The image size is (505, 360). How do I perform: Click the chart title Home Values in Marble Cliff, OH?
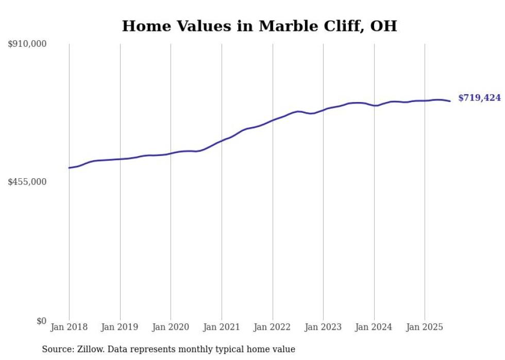click(259, 26)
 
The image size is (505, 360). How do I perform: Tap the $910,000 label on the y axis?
click(27, 44)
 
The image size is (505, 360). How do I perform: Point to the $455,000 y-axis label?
click(27, 182)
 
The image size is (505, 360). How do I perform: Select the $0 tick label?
click(41, 321)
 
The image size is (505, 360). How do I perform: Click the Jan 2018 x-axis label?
click(69, 327)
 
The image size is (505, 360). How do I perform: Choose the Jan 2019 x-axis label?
click(120, 327)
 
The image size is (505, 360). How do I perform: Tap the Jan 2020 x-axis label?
click(171, 327)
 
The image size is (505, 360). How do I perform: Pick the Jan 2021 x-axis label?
click(222, 327)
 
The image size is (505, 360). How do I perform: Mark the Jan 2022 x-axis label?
click(273, 327)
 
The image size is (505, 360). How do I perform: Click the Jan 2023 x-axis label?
click(323, 327)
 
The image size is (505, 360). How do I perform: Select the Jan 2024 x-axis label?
click(374, 327)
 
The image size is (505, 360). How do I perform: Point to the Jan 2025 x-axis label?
click(425, 327)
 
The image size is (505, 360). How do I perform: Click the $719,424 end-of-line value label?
click(479, 98)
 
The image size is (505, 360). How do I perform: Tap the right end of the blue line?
click(450, 101)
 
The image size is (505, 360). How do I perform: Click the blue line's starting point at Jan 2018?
click(69, 168)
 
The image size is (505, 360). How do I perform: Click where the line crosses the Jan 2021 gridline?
click(222, 140)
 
